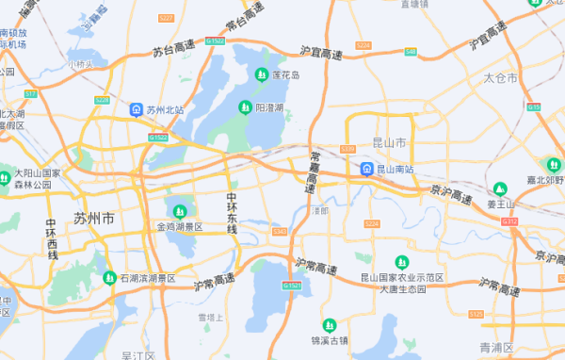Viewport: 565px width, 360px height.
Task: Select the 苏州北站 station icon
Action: pos(137,109)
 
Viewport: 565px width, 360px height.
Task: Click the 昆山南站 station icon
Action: pos(366,170)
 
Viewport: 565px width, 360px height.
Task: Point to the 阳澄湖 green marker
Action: pos(245,107)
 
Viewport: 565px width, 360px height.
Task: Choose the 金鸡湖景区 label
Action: pos(179,227)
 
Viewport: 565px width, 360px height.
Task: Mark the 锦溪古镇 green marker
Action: pos(329,325)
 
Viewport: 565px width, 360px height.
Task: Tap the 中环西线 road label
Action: pos(53,239)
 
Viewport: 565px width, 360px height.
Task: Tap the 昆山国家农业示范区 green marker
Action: pos(402,261)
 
